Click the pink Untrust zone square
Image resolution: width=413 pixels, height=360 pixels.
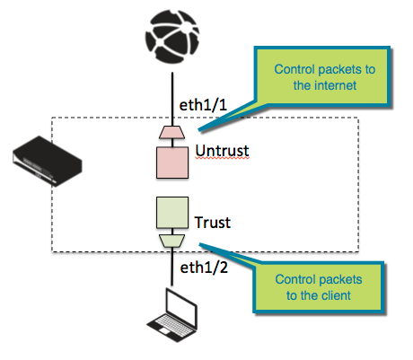click(x=171, y=162)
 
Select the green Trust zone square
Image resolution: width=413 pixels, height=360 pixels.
click(x=171, y=215)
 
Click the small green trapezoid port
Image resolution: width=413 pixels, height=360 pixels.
click(x=171, y=241)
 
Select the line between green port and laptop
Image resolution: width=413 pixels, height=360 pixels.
click(x=171, y=274)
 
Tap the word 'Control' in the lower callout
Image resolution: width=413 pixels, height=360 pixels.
click(x=295, y=278)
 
